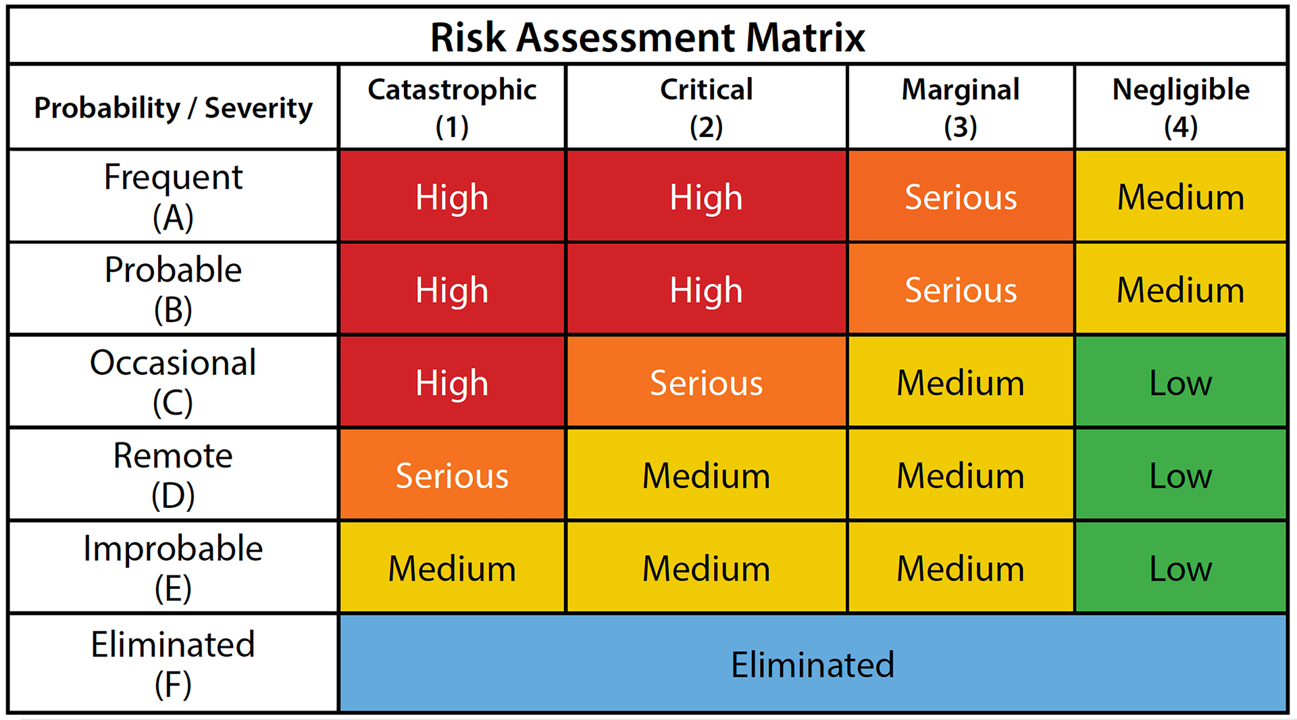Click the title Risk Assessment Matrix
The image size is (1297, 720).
[x=647, y=37]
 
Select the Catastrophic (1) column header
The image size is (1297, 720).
[x=451, y=107]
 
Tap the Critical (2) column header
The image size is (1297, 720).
[x=706, y=107]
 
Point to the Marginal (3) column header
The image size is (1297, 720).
[x=960, y=107]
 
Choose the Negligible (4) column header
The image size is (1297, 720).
[x=1180, y=107]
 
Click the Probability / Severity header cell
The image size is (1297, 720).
[x=173, y=108]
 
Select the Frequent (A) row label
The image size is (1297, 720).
[x=173, y=197]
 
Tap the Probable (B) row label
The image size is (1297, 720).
[x=173, y=289]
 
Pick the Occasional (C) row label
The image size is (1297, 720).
[x=173, y=382]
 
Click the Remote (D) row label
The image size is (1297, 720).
[x=173, y=475]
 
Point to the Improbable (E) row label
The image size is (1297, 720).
[x=173, y=567]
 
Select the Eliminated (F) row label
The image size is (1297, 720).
[x=173, y=663]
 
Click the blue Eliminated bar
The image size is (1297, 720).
[x=813, y=664]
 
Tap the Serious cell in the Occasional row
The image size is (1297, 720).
[x=706, y=382]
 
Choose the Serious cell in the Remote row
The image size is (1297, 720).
[x=451, y=475]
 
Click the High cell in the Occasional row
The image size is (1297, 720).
[x=451, y=382]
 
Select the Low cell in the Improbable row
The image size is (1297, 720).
[x=1180, y=568]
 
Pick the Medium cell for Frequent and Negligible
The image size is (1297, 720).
[x=1180, y=197]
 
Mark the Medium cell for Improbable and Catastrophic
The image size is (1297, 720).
[x=451, y=568]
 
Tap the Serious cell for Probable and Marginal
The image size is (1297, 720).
[x=960, y=290]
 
